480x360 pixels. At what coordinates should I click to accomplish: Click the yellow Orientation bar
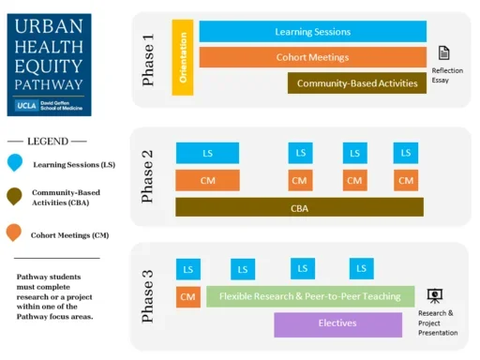click(x=183, y=56)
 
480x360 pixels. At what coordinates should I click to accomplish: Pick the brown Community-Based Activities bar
click(x=356, y=83)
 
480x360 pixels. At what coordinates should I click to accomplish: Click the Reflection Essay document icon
click(x=444, y=53)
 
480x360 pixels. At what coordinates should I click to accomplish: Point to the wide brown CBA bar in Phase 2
click(x=299, y=207)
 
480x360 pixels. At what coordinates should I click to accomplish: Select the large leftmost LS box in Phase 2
click(x=207, y=153)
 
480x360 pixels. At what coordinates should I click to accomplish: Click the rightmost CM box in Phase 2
click(x=405, y=180)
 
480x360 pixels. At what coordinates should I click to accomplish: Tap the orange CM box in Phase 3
click(x=188, y=297)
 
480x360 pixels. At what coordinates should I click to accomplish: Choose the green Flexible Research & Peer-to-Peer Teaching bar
click(x=310, y=297)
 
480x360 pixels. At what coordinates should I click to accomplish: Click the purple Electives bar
click(x=337, y=324)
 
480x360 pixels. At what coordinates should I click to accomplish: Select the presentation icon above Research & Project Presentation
click(x=435, y=296)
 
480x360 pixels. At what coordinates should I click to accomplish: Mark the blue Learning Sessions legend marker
click(x=14, y=164)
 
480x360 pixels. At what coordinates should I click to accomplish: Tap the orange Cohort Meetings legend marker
click(x=14, y=232)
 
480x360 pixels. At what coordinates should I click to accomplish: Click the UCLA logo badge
click(x=27, y=105)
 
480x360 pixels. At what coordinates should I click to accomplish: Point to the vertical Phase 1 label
click(x=148, y=61)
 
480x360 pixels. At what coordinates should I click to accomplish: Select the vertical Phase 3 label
click(x=148, y=297)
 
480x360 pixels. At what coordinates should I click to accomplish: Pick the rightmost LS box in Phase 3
click(x=361, y=269)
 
